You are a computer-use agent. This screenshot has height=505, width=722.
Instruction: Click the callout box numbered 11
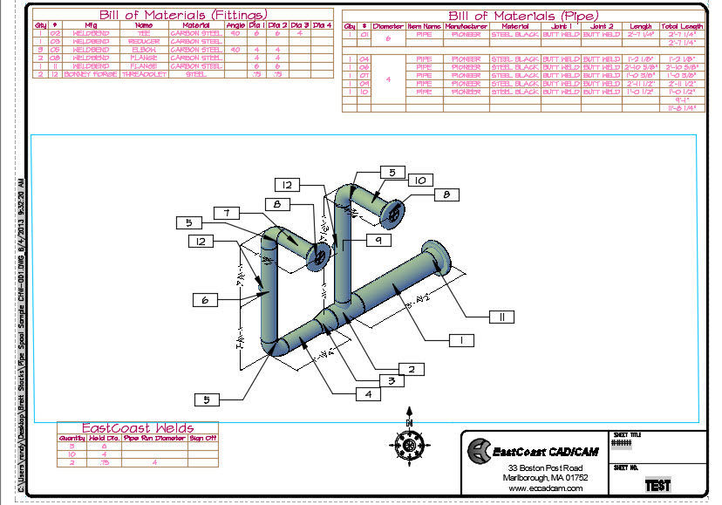coord(502,317)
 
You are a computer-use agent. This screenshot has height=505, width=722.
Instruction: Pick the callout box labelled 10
coord(419,180)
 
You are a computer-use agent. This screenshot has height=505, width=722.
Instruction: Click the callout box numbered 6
coord(206,299)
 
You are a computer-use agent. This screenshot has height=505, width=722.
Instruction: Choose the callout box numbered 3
coord(392,380)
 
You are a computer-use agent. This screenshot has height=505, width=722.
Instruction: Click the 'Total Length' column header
coord(683,27)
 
